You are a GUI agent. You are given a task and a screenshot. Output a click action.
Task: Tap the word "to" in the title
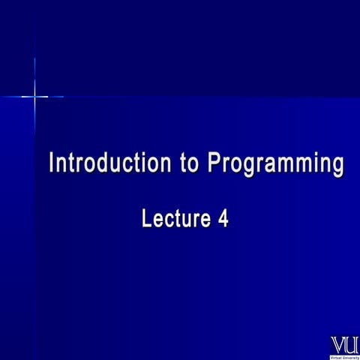[190, 163]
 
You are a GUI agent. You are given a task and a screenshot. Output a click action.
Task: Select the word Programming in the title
[275, 163]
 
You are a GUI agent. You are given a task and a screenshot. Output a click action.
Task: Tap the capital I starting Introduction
[52, 163]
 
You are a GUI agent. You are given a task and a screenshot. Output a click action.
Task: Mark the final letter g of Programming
[338, 166]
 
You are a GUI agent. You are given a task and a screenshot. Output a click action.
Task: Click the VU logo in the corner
[344, 346]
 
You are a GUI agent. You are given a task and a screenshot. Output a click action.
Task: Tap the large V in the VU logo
[337, 343]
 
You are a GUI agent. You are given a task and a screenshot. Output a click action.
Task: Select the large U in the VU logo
[351, 343]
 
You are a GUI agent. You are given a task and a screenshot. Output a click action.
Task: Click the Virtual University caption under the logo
[344, 355]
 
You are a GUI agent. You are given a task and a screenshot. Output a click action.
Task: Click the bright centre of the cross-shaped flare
[34, 97]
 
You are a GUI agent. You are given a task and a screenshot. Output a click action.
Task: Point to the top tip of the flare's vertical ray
[34, 58]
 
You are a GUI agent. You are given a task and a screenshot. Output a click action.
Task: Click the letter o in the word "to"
[195, 164]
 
